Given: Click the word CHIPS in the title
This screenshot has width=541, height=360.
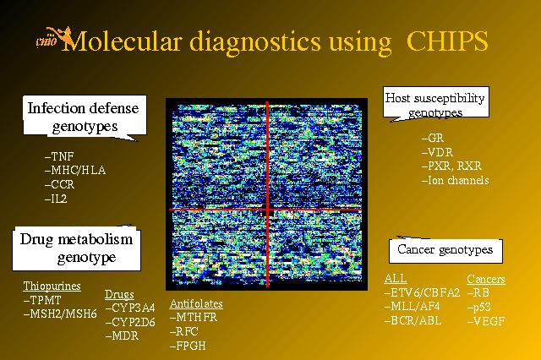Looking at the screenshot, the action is click(x=447, y=41).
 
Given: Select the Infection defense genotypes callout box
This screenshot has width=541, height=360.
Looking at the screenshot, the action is click(x=85, y=117).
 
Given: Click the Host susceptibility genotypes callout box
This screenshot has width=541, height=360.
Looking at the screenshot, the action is click(x=435, y=103).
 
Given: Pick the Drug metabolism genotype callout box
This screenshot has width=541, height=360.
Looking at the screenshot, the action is click(x=76, y=248).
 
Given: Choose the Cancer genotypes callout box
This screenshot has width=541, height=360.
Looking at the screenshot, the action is click(x=445, y=249).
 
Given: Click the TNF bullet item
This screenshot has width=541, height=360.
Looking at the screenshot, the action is click(x=59, y=156).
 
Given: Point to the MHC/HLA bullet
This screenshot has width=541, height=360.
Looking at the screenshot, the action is click(x=75, y=171).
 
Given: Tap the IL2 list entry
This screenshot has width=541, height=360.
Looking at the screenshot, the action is click(x=56, y=199).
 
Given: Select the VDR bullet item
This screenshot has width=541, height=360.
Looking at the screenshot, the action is click(x=437, y=152).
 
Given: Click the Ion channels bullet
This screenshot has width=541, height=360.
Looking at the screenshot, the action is click(x=456, y=180).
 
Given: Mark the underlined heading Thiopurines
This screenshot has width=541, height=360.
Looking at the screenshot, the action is click(x=52, y=286).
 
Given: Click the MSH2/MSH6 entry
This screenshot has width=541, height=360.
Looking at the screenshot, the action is click(x=60, y=314).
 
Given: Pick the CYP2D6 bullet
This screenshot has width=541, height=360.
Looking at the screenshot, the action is click(x=130, y=322).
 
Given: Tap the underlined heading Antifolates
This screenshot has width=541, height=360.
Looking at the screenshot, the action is click(x=196, y=303).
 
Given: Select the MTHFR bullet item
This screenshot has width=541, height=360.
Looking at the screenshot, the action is click(x=194, y=317).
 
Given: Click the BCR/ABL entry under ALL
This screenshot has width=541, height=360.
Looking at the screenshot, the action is click(x=413, y=320).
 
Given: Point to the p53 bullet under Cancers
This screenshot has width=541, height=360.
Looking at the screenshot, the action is click(x=479, y=307).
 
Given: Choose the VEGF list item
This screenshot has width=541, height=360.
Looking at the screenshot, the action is click(x=486, y=321).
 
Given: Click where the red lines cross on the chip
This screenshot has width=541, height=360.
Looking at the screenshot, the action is click(x=267, y=210).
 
